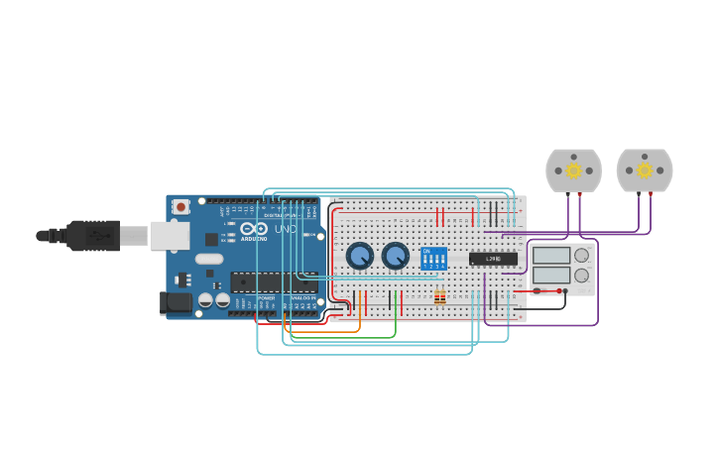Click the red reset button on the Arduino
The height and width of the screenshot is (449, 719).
click(x=180, y=207)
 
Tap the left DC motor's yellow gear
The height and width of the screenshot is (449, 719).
click(x=573, y=170)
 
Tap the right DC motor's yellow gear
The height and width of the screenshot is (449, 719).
click(x=645, y=170)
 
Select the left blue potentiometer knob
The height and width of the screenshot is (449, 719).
click(x=360, y=256)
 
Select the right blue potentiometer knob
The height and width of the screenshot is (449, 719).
click(x=396, y=256)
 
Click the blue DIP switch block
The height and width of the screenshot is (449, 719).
click(x=433, y=259)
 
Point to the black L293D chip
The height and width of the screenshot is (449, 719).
click(x=493, y=259)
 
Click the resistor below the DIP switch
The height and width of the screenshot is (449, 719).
click(x=439, y=297)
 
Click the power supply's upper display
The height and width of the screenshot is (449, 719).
click(x=551, y=255)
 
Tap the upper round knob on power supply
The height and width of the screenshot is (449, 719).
click(x=582, y=255)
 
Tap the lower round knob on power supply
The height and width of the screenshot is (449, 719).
click(x=582, y=276)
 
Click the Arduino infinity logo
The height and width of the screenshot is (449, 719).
click(x=254, y=229)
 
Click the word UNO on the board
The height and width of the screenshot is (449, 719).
click(x=286, y=229)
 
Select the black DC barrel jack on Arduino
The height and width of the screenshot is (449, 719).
click(x=176, y=303)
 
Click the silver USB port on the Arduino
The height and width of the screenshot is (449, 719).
click(x=170, y=236)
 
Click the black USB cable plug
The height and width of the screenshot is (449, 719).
click(x=93, y=236)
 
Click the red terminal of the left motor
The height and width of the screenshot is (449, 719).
click(x=580, y=194)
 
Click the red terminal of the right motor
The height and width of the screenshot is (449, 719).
click(x=651, y=194)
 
